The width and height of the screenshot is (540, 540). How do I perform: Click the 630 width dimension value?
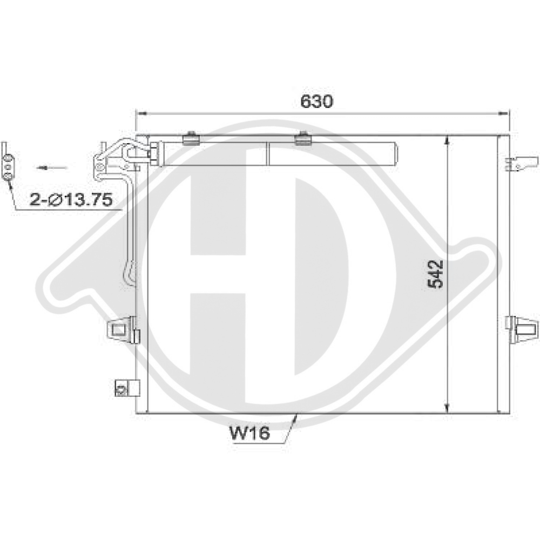click(x=318, y=101)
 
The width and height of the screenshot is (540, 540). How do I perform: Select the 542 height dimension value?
click(x=435, y=274)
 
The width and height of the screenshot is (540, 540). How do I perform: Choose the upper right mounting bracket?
click(x=522, y=163)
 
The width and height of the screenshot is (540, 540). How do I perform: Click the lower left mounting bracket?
click(x=123, y=328)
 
